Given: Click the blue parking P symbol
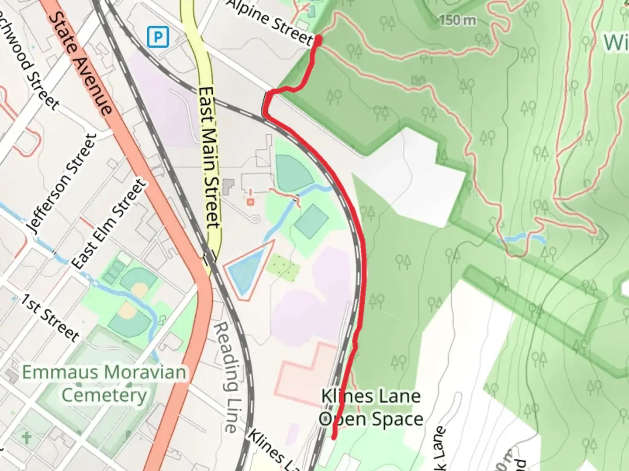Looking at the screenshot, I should (x=158, y=38).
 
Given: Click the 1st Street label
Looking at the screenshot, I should (x=50, y=318).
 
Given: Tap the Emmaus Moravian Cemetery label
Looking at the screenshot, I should (x=104, y=384).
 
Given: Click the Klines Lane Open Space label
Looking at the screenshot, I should (x=371, y=407).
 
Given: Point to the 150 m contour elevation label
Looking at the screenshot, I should (x=457, y=20).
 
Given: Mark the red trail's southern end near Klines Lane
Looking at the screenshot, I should (x=334, y=437).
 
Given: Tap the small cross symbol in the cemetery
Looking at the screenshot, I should (x=27, y=437).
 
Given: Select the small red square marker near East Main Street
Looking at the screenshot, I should (x=250, y=201).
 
